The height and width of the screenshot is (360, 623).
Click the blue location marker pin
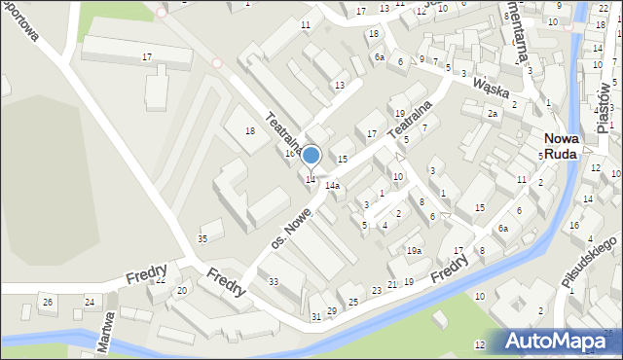click(x=311, y=157)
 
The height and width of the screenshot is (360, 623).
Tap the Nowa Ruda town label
click(x=562, y=146)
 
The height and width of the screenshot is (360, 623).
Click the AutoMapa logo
click(x=563, y=341)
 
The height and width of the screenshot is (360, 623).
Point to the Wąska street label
click(x=493, y=89)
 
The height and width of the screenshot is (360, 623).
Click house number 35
click(x=202, y=238)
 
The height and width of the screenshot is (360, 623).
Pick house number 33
click(x=274, y=282)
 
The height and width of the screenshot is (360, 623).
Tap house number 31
click(x=315, y=317)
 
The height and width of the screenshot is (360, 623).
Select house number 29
click(x=332, y=310)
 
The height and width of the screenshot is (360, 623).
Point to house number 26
click(x=48, y=302)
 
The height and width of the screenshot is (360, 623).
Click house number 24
click(x=90, y=302)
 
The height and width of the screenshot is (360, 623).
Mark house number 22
click(x=160, y=281)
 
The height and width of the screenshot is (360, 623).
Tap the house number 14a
click(x=332, y=185)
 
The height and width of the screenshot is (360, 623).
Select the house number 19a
click(x=415, y=251)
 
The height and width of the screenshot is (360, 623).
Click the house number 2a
click(x=493, y=114)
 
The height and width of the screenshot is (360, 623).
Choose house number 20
click(x=181, y=291)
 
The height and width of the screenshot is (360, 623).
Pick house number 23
click(x=377, y=291)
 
